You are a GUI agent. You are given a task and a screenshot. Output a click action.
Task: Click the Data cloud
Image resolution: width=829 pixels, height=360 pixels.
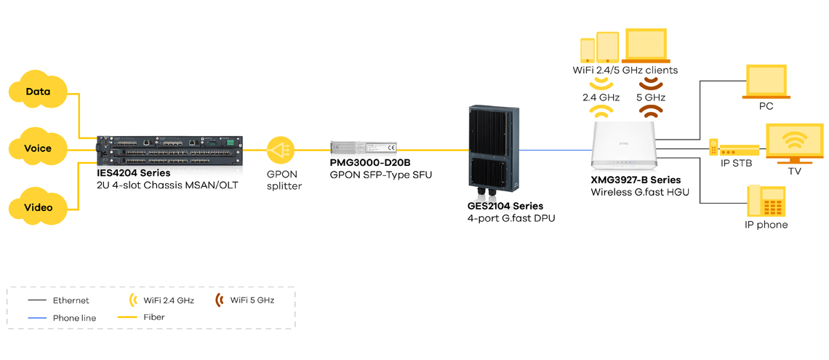[x=38, y=92]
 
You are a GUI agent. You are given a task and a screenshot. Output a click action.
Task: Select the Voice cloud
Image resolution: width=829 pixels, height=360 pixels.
[x=38, y=148]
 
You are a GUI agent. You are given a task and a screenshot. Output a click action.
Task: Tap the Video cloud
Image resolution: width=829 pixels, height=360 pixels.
[x=38, y=207]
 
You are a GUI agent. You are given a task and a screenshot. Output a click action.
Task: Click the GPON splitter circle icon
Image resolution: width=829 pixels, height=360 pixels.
[x=280, y=151]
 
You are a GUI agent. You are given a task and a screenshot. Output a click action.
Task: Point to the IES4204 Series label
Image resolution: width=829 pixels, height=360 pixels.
[x=134, y=173]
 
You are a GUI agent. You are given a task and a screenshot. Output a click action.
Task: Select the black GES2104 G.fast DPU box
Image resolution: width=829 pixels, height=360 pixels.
[x=494, y=152]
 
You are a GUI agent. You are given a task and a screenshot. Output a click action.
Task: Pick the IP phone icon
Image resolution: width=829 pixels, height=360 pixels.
[x=766, y=201]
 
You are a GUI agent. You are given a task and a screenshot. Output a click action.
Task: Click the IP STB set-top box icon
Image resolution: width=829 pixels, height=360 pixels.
[x=734, y=148]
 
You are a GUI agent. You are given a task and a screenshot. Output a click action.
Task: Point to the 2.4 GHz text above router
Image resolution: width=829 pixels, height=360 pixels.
[x=600, y=97]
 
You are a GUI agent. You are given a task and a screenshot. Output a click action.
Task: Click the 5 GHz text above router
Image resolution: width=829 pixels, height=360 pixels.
[x=650, y=97]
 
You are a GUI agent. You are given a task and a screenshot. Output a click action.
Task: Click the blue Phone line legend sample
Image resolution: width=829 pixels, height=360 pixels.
[x=36, y=318]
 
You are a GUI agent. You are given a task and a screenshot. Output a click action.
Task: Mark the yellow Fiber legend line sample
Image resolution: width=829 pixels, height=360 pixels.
[x=128, y=318]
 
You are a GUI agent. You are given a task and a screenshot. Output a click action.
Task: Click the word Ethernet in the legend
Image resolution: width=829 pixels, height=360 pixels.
[x=71, y=300]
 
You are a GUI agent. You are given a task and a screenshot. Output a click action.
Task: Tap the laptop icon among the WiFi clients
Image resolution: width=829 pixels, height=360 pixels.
[x=646, y=47]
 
